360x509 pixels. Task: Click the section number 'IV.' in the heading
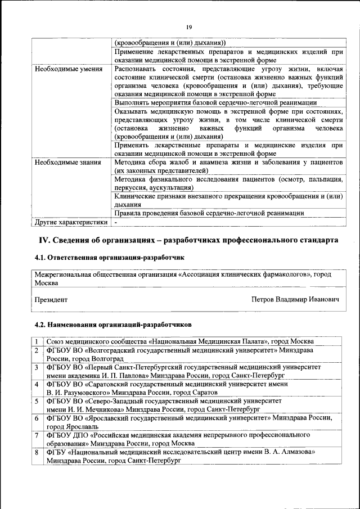pyautogui.click(x=45, y=240)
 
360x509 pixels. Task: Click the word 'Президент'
pyautogui.click(x=51, y=300)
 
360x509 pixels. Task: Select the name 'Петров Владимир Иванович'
pyautogui.click(x=295, y=300)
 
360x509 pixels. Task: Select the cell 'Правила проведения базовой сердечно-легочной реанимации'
pyautogui.click(x=209, y=213)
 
